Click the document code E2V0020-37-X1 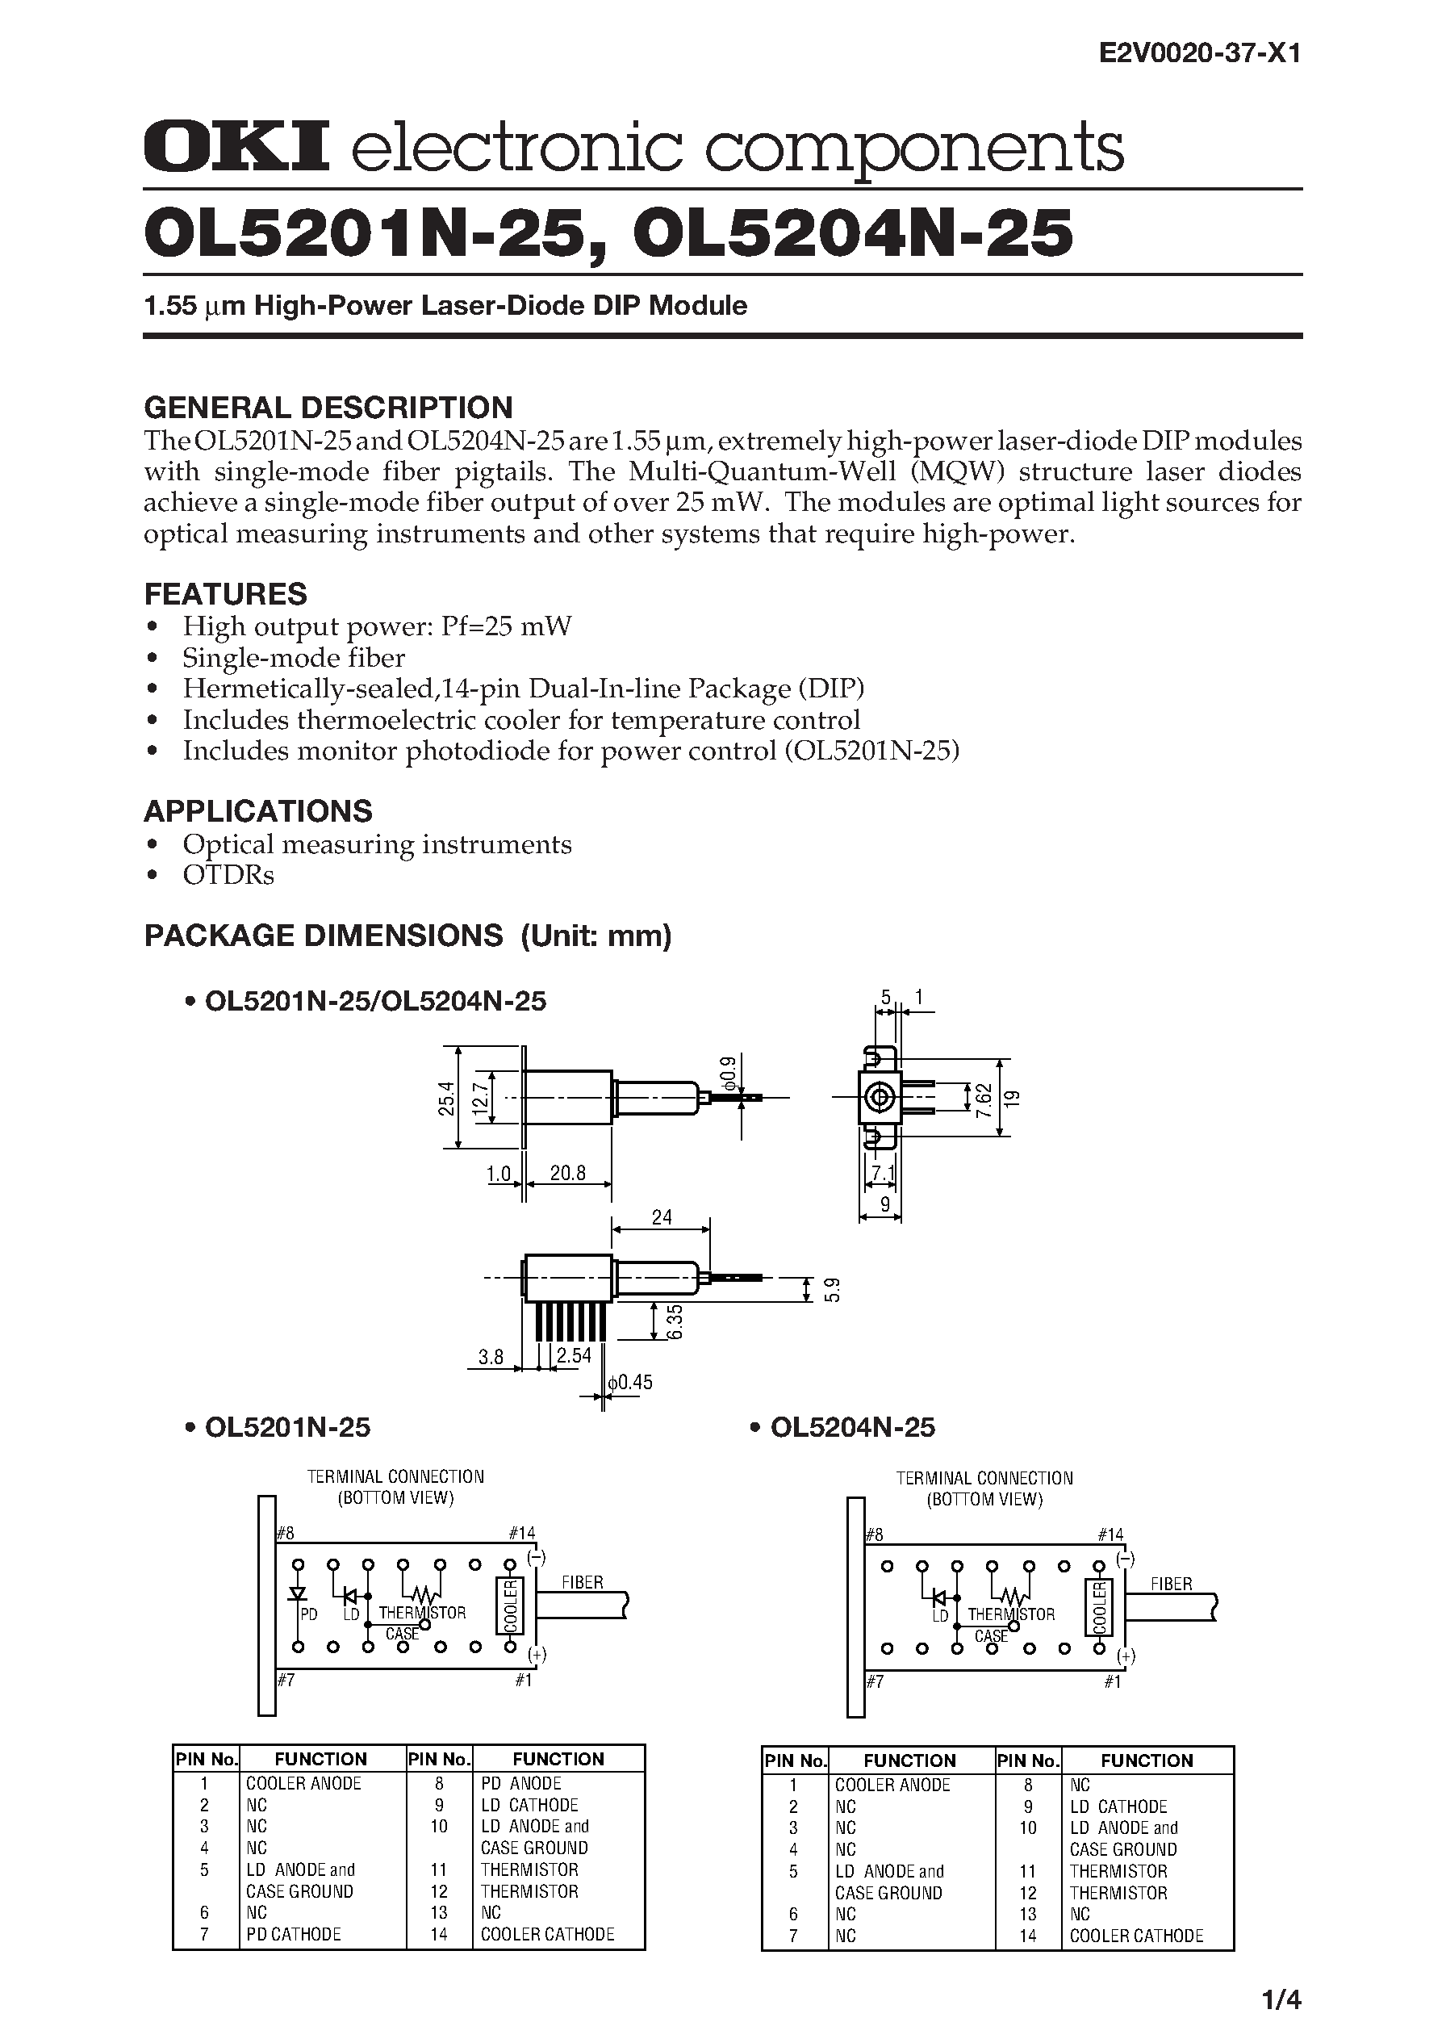click(x=1200, y=54)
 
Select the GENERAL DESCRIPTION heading click(x=328, y=408)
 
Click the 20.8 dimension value click(x=567, y=1173)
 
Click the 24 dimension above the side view click(x=662, y=1216)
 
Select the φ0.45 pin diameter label click(x=630, y=1382)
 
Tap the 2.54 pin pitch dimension click(x=574, y=1356)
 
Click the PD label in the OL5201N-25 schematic click(x=308, y=1614)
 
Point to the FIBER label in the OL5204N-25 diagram click(x=1171, y=1585)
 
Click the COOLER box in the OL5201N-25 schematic click(x=510, y=1606)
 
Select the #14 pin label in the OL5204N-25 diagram click(x=1110, y=1534)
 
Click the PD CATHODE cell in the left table click(x=293, y=1934)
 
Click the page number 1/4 click(x=1281, y=1999)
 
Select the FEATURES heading click(x=225, y=594)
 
